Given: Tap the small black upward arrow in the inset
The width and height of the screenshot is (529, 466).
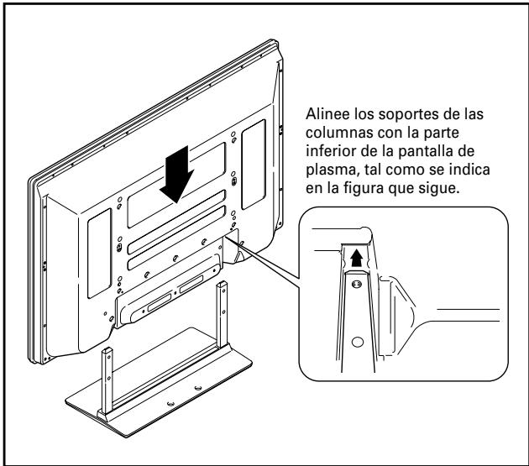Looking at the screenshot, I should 356,258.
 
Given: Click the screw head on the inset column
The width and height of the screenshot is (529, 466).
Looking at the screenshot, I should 356,286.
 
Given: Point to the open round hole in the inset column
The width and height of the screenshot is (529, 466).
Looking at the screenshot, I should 356,343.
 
